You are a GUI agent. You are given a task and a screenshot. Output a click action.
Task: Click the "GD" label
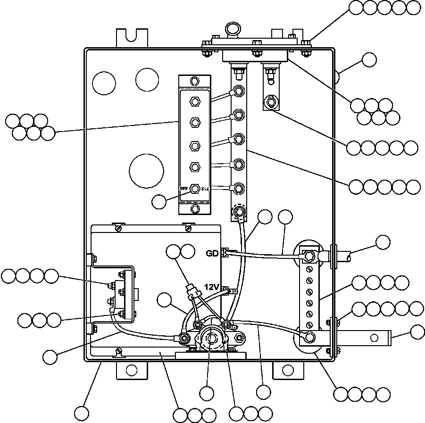(x=212, y=253)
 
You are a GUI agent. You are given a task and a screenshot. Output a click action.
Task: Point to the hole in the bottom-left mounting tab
(x=132, y=370)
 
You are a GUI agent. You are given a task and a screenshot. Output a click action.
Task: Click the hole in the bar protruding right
(x=375, y=337)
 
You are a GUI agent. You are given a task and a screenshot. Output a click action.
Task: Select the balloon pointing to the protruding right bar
(x=417, y=332)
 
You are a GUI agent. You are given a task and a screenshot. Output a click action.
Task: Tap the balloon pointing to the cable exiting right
(x=383, y=242)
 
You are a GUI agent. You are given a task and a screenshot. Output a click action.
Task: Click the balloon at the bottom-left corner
(x=82, y=414)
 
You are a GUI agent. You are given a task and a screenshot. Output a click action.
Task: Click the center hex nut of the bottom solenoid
(x=212, y=339)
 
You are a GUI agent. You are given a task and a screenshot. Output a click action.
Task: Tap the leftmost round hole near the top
(x=104, y=83)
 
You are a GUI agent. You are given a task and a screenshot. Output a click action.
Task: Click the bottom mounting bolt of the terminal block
(x=194, y=208)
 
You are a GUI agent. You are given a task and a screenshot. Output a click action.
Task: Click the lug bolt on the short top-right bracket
(x=271, y=101)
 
